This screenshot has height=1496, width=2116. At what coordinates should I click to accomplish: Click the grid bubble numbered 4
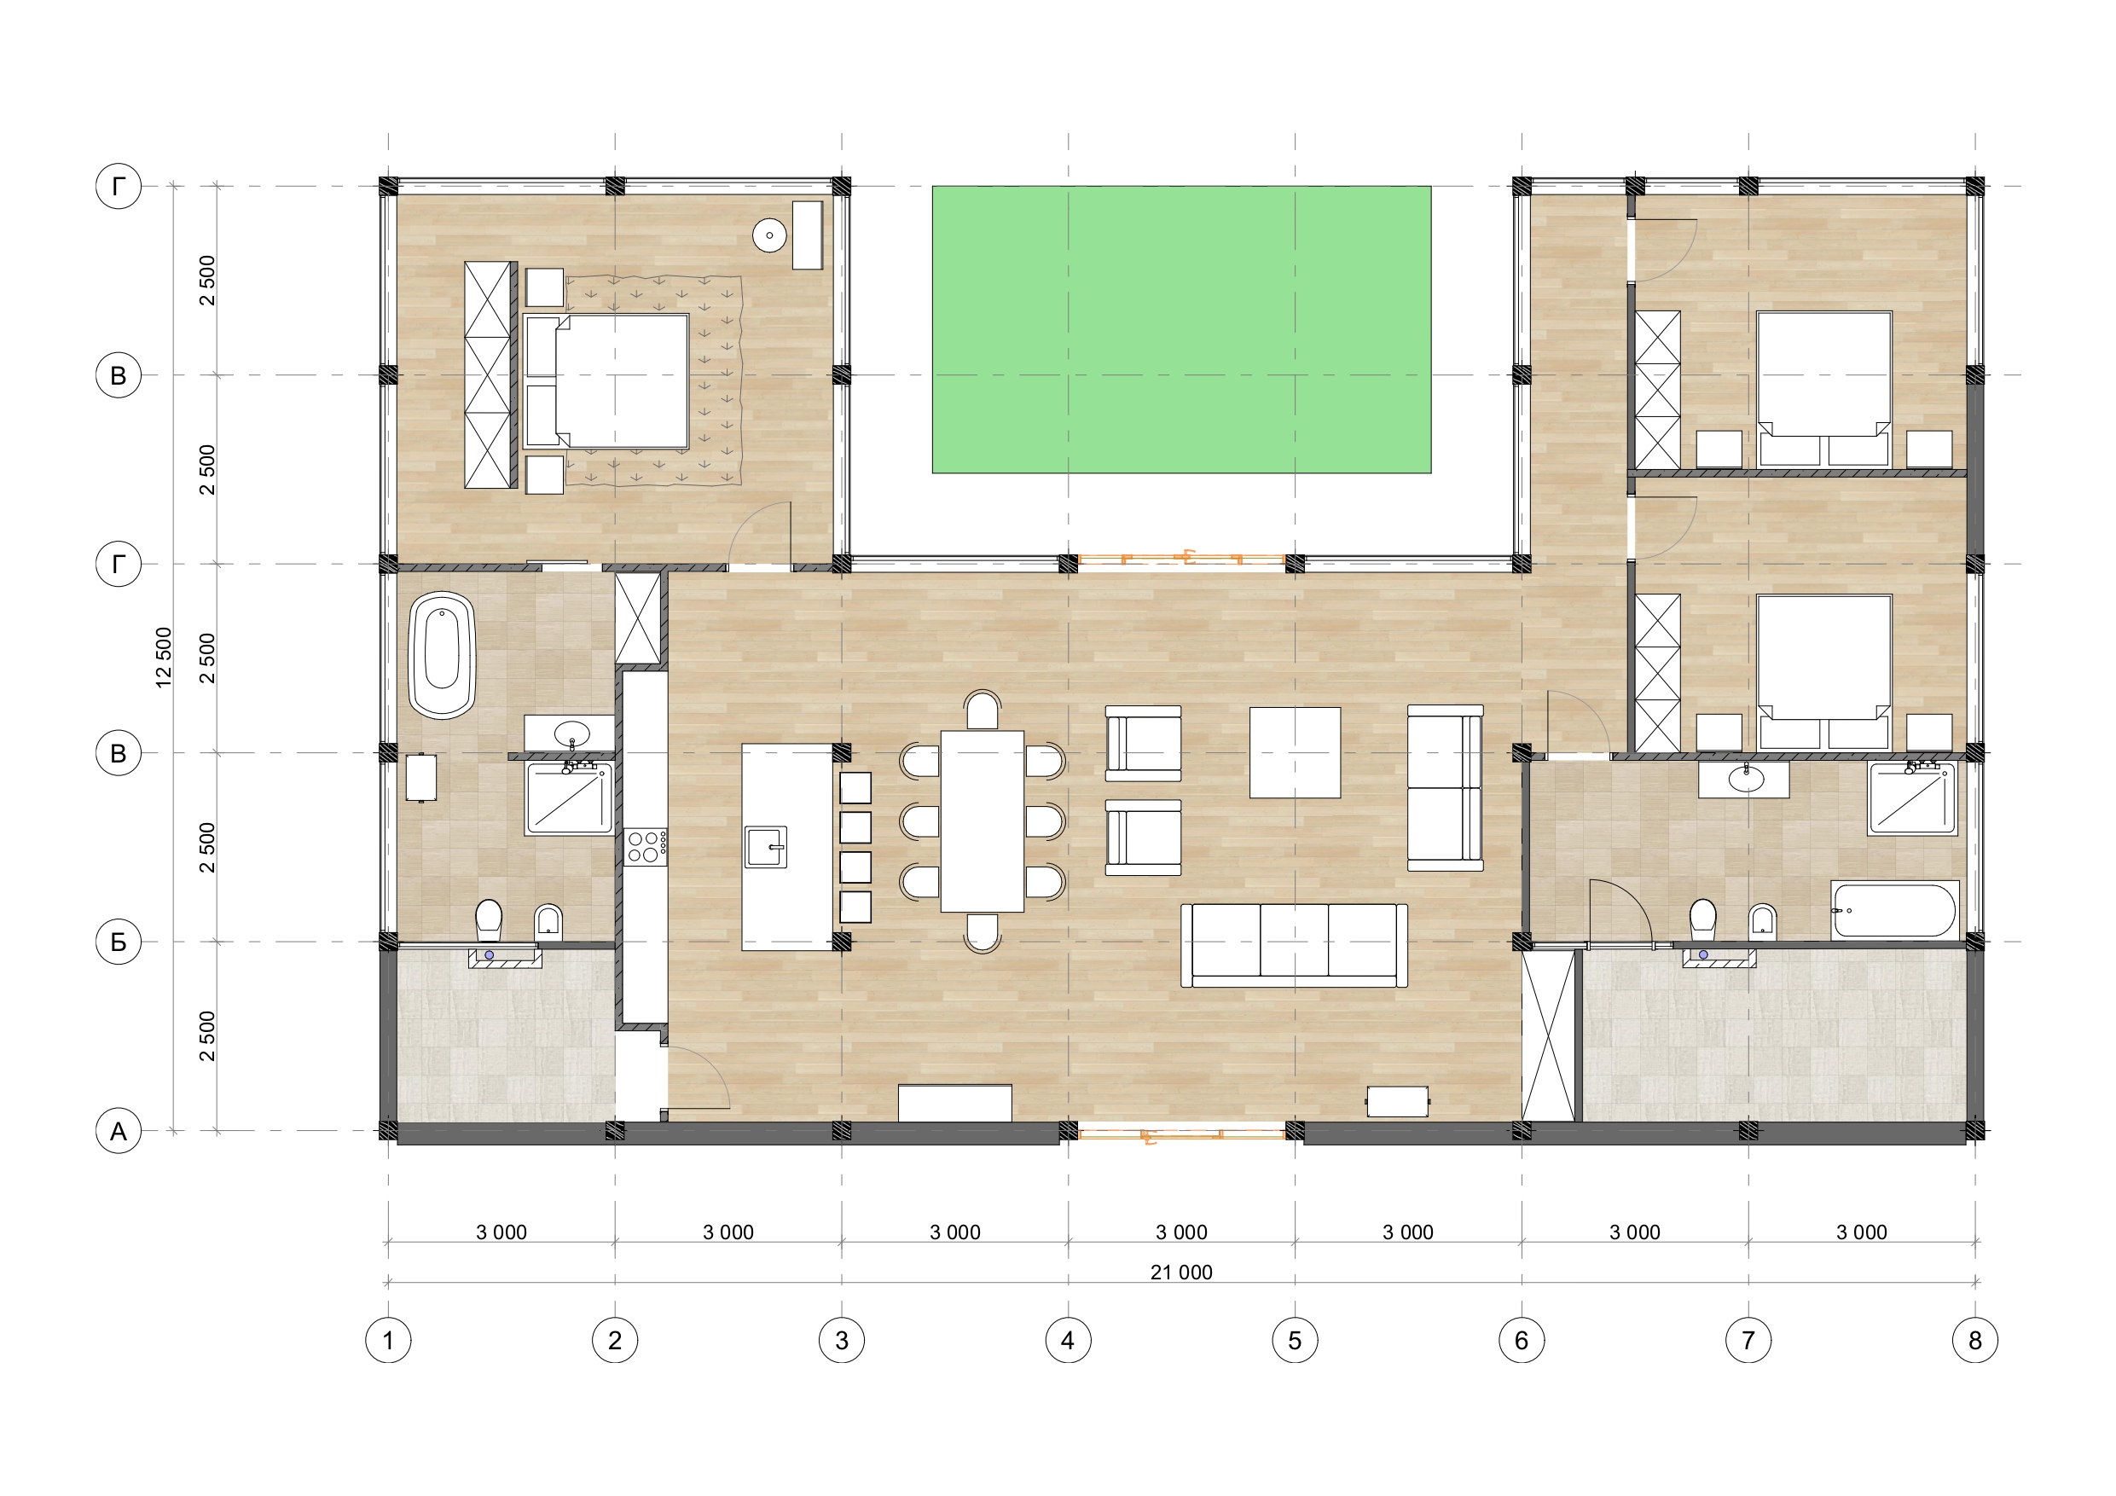1068,1340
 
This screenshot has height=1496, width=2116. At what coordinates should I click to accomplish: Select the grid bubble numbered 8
1975,1340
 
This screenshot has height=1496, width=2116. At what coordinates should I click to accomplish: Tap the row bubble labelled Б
118,942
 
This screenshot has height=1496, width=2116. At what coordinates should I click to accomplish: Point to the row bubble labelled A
118,1131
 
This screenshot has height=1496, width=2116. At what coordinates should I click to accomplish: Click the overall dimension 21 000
1181,1272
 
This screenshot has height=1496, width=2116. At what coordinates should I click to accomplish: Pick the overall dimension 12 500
164,658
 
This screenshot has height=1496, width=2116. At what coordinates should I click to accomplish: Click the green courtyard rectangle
1181,330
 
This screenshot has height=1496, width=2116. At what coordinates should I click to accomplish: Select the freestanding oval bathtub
443,655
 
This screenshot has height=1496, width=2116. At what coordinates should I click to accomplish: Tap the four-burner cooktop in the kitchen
646,846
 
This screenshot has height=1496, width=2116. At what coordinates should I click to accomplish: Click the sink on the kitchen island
766,846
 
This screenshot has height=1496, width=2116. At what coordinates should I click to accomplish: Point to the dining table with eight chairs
983,821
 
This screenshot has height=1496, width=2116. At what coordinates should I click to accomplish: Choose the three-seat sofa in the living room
1294,946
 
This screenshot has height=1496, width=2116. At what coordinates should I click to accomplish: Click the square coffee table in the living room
1295,752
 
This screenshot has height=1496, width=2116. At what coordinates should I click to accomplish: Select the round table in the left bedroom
769,235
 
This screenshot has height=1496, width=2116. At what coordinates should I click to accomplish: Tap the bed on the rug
606,381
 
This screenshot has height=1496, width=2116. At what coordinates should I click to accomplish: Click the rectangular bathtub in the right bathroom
1895,910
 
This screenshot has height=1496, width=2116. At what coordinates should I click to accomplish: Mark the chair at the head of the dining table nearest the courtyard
983,710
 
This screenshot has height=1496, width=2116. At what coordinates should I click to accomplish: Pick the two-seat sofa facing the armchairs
1445,788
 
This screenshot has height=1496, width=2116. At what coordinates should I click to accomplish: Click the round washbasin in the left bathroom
572,734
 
